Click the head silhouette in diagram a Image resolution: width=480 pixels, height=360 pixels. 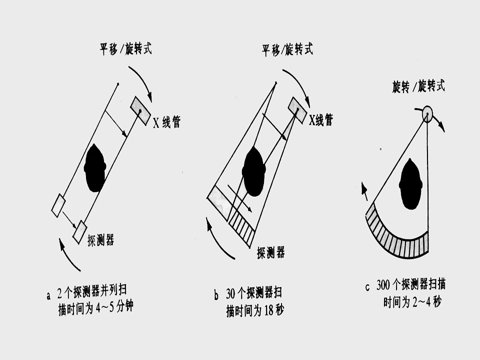95,168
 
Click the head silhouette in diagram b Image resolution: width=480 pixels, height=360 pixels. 253,171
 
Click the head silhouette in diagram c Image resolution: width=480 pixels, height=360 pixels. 411,184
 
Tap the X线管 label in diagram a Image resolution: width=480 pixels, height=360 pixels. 167,121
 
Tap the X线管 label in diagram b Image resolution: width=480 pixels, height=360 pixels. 321,119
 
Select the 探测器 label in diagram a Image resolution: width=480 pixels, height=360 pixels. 100,240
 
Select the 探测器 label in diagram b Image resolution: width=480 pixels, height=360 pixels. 270,252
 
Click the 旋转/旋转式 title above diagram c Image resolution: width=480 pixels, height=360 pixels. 418,86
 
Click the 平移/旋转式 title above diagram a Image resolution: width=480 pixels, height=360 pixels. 126,48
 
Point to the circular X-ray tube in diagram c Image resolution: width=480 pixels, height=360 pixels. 427,113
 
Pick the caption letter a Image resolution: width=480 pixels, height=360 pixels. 48,296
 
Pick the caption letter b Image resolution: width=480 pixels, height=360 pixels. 216,295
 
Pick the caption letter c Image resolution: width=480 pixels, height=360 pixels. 367,287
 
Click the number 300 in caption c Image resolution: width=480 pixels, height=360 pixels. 383,285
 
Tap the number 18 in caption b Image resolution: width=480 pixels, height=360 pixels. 268,311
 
